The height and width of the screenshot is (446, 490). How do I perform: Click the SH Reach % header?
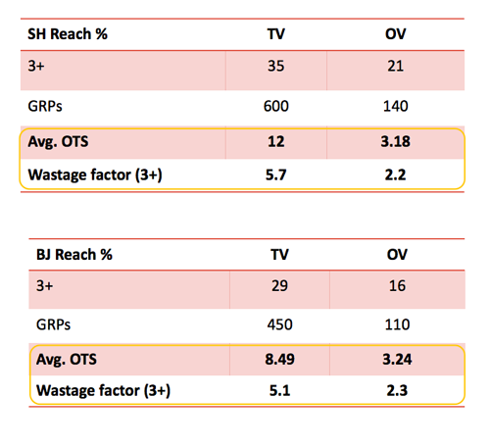[68, 34]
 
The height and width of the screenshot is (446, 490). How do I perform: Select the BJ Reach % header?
[74, 255]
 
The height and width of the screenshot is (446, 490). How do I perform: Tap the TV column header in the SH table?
[276, 34]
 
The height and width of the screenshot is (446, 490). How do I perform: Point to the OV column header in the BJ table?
[397, 255]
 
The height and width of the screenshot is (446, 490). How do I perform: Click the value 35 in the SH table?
[276, 66]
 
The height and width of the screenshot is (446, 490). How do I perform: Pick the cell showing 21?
[396, 66]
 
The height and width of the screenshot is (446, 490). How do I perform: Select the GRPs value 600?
[276, 106]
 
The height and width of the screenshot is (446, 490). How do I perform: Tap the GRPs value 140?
[396, 106]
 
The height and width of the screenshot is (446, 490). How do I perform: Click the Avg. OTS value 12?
[276, 142]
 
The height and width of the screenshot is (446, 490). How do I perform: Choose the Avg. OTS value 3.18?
[396, 142]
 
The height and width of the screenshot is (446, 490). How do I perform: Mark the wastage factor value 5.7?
[276, 174]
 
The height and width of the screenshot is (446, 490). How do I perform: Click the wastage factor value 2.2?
[396, 174]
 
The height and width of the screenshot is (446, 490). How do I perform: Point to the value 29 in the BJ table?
[279, 286]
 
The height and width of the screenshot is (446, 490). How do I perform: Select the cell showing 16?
[397, 286]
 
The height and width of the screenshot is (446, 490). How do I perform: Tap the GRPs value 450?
[279, 324]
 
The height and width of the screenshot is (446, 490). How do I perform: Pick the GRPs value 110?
[397, 324]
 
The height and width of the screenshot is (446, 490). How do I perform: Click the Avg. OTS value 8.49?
[279, 360]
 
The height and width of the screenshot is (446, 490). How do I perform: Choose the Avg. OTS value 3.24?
[397, 360]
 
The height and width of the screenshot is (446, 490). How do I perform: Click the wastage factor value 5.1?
[279, 391]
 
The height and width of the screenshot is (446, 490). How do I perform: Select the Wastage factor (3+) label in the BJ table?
[103, 391]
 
